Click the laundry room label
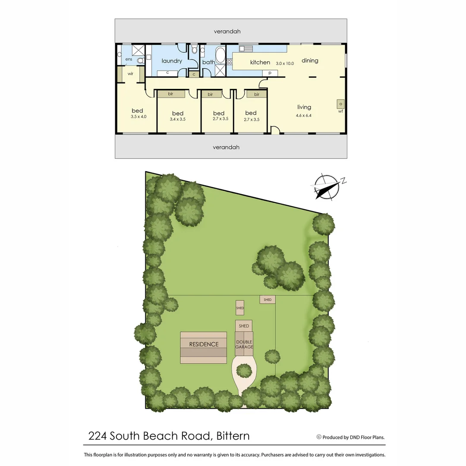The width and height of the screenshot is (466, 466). click(x=172, y=61)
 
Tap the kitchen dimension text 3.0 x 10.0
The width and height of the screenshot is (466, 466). click(x=285, y=63)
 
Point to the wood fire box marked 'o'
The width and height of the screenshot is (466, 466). click(x=340, y=104)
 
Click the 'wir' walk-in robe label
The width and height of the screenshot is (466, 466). click(x=130, y=74)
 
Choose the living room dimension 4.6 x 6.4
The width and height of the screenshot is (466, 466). click(x=304, y=115)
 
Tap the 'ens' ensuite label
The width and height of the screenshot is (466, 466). click(x=129, y=59)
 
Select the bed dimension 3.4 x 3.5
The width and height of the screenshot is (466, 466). click(x=177, y=119)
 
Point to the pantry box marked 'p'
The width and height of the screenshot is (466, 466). click(x=270, y=73)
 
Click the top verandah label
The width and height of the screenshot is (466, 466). click(x=227, y=31)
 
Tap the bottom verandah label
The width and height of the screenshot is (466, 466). click(x=226, y=147)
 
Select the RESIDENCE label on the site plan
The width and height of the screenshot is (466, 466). click(x=204, y=344)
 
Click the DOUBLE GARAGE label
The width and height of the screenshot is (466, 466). click(x=244, y=344)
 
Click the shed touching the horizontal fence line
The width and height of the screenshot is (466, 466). click(x=268, y=299)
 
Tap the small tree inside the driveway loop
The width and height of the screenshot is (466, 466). click(x=244, y=371)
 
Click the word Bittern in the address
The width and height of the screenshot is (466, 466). click(x=233, y=436)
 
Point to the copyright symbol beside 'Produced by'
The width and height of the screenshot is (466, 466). click(x=319, y=437)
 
